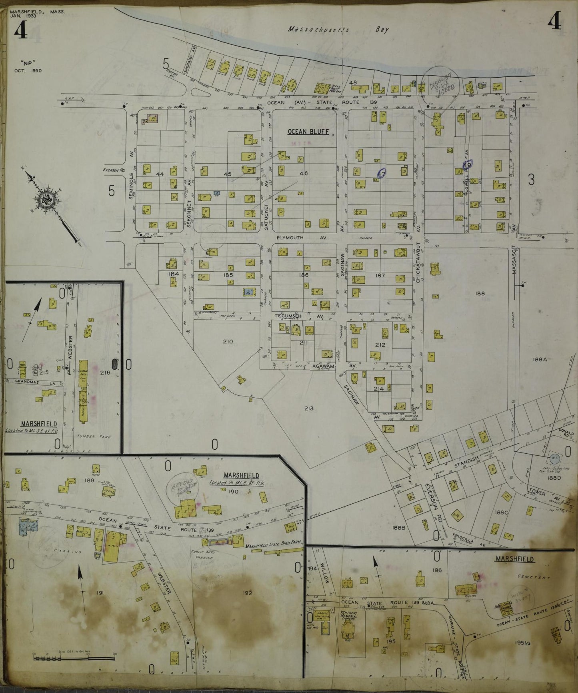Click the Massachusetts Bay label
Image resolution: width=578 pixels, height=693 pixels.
(x=338, y=29)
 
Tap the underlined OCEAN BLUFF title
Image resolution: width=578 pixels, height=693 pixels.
(x=308, y=132)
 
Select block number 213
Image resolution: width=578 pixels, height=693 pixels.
(x=309, y=409)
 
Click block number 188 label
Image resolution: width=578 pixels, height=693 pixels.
(x=480, y=293)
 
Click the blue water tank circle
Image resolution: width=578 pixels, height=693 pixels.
(x=555, y=460)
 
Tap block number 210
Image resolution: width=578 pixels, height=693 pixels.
(x=228, y=341)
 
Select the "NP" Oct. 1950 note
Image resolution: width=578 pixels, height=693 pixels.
(x=30, y=66)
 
